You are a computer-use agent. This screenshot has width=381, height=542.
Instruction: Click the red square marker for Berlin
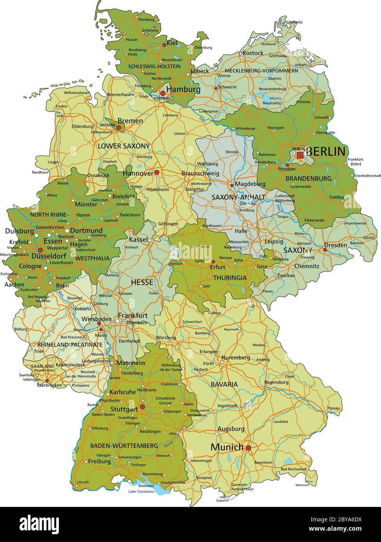(300, 155)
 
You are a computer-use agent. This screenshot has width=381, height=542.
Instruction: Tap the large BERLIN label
(326, 152)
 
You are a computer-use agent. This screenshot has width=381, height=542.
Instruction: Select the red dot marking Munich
(248, 448)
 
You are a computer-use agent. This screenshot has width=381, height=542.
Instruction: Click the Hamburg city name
(183, 89)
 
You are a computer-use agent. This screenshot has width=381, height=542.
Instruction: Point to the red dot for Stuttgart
(142, 407)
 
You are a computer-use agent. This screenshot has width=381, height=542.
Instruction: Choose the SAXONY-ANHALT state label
(238, 197)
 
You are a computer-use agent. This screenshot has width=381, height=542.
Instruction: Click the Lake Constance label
(141, 491)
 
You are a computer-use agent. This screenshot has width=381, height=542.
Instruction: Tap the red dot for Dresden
(325, 250)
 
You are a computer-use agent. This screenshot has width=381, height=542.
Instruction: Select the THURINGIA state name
(230, 278)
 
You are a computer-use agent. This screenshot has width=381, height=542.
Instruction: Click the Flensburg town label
(147, 19)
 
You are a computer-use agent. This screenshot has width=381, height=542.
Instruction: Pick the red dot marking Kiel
(164, 45)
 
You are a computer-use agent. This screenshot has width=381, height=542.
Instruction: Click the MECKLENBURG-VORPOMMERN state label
(261, 71)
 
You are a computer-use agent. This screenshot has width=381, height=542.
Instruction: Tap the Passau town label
(334, 408)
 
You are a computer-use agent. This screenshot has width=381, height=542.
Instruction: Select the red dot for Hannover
(157, 172)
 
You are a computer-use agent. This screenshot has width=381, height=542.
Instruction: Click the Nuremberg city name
(236, 358)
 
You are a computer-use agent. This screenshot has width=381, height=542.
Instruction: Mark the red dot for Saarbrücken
(47, 381)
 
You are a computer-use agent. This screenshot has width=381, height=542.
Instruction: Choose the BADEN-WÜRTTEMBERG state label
(124, 445)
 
